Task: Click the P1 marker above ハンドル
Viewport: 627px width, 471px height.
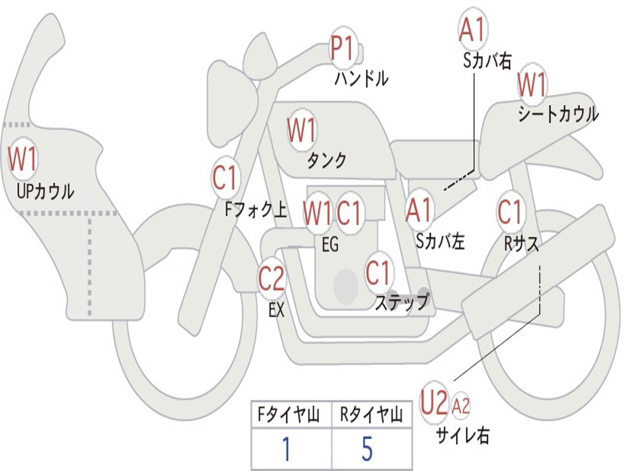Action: point(343,48)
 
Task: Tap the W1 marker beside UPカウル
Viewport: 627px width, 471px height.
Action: point(23,159)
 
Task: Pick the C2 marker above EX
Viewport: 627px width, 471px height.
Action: point(271,279)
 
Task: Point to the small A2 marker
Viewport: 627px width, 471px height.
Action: point(461,405)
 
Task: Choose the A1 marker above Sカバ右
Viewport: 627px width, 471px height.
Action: point(472,29)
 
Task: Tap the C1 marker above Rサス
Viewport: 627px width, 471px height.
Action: point(510,212)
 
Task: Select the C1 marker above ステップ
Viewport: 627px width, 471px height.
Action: point(378,272)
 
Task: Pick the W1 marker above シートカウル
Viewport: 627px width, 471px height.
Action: point(531,85)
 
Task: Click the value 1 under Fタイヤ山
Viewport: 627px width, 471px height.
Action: point(286,449)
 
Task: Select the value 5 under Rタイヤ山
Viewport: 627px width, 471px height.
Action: point(367,449)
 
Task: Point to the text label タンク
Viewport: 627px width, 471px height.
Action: point(326,161)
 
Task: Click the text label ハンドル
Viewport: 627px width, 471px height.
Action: point(361,78)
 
